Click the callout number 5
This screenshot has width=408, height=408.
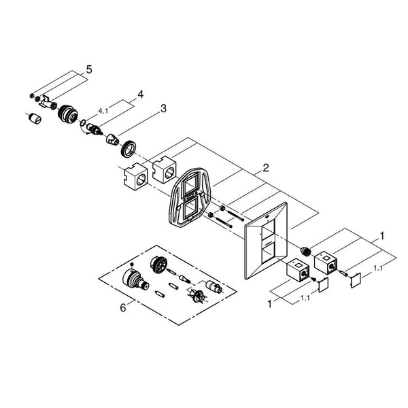click(88, 69)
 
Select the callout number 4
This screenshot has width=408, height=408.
click(141, 94)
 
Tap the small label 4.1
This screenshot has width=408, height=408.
click(103, 109)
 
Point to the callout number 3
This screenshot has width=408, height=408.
click(163, 108)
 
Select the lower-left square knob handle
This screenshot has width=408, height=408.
click(297, 271)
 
